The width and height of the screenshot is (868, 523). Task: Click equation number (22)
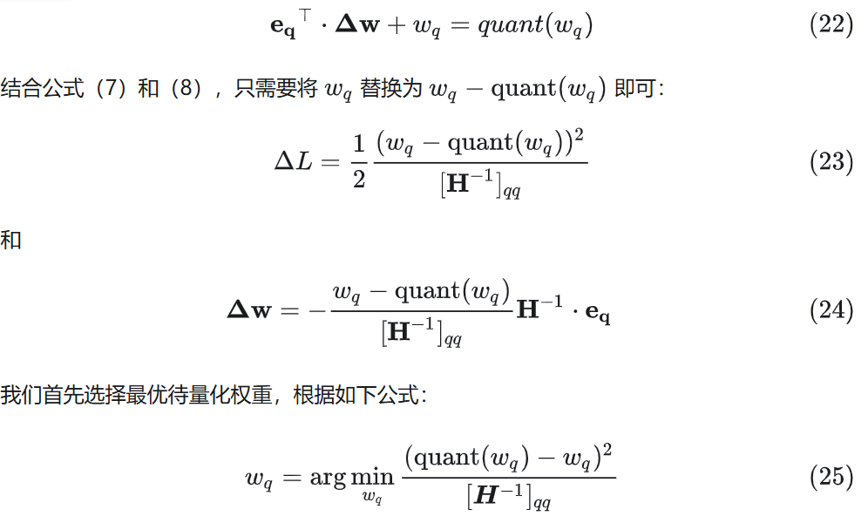[831, 24]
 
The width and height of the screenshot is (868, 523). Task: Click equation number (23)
[831, 162]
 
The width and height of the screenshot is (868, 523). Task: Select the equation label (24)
[831, 310]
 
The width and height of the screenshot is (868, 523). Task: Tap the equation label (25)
[831, 477]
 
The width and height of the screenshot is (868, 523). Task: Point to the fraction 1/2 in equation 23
[358, 162]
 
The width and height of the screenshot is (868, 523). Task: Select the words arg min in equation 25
[351, 477]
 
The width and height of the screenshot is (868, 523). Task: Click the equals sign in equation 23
[331, 162]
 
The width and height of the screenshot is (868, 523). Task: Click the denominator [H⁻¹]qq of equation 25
[509, 497]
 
